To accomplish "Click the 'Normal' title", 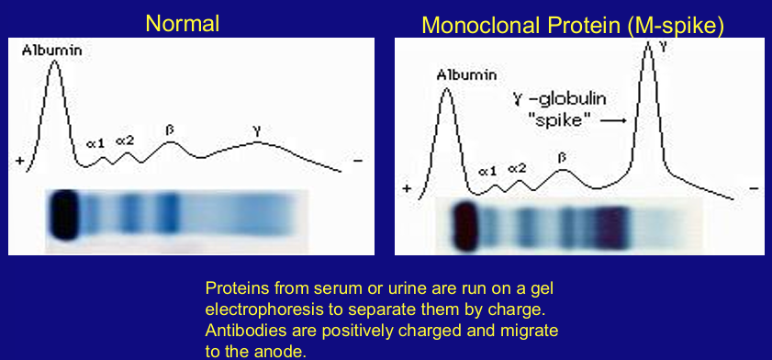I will pos(182,23).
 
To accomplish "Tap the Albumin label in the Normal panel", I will pos(51,50).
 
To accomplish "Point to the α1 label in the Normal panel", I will pos(96,143).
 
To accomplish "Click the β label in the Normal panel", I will pos(170,129).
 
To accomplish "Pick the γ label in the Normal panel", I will pos(257,131).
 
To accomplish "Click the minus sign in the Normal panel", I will pos(357,160).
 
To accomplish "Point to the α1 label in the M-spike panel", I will pos(488,171).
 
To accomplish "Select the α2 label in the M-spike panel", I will pos(517,168).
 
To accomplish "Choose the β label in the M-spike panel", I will pos(562,157).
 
